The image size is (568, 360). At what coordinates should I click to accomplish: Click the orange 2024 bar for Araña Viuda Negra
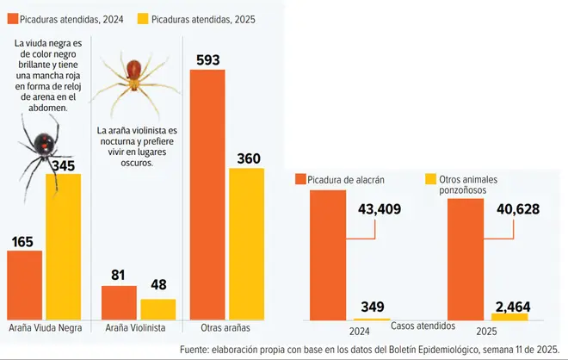point(24,285)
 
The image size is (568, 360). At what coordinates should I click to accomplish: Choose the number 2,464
point(515,306)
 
